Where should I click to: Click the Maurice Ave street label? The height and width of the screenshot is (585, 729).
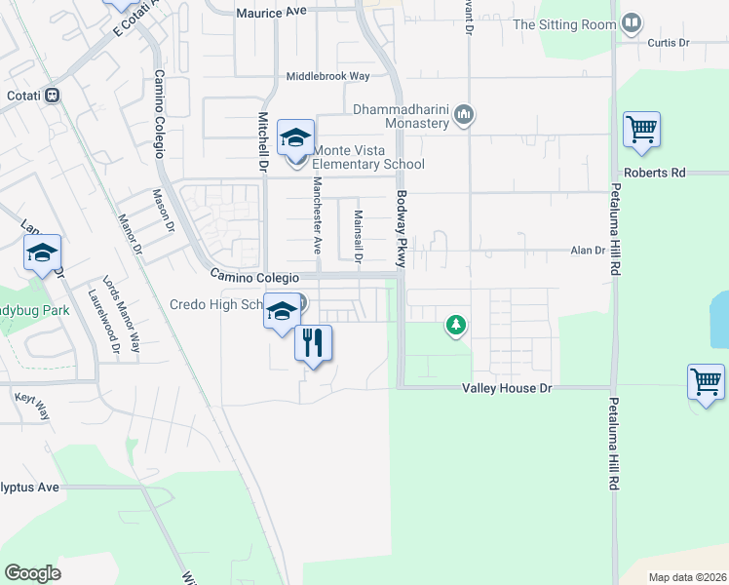click(272, 13)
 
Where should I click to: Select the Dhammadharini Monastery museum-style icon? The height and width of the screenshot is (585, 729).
click(464, 115)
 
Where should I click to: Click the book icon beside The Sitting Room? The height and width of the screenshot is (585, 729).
click(632, 23)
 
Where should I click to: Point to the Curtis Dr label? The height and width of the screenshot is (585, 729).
click(668, 43)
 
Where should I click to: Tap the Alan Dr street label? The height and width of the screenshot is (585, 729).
click(588, 251)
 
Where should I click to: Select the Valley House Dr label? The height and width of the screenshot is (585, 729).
click(506, 388)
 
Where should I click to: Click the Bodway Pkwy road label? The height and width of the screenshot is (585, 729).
click(400, 229)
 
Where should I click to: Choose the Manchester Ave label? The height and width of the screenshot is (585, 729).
click(317, 214)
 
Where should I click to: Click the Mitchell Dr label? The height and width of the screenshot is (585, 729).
click(262, 140)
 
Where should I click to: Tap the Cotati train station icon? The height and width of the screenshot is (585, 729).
click(53, 96)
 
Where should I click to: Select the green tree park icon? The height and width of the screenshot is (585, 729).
click(455, 325)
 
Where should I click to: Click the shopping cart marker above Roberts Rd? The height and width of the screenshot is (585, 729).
click(641, 130)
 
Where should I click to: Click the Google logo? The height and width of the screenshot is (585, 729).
click(32, 573)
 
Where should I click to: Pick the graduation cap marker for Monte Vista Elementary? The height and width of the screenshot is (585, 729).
click(295, 138)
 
